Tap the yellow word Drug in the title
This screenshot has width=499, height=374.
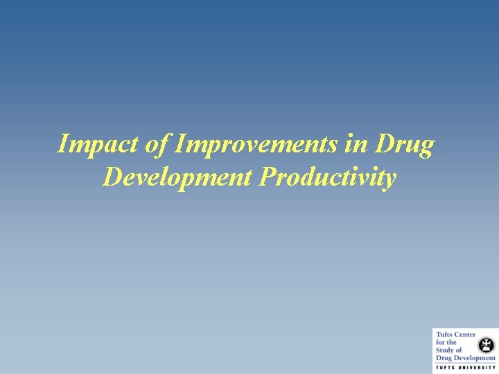click(x=405, y=145)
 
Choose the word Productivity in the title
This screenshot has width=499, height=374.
click(x=328, y=177)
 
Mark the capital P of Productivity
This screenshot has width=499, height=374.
click(x=267, y=177)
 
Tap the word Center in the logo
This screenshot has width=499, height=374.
click(x=464, y=335)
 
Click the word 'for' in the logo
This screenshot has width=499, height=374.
click(x=440, y=343)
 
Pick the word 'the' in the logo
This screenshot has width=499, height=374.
click(x=452, y=343)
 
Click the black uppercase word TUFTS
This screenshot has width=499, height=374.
click(x=444, y=368)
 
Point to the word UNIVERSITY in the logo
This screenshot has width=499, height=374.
click(x=478, y=368)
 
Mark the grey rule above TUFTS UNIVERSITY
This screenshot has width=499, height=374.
click(x=465, y=364)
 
